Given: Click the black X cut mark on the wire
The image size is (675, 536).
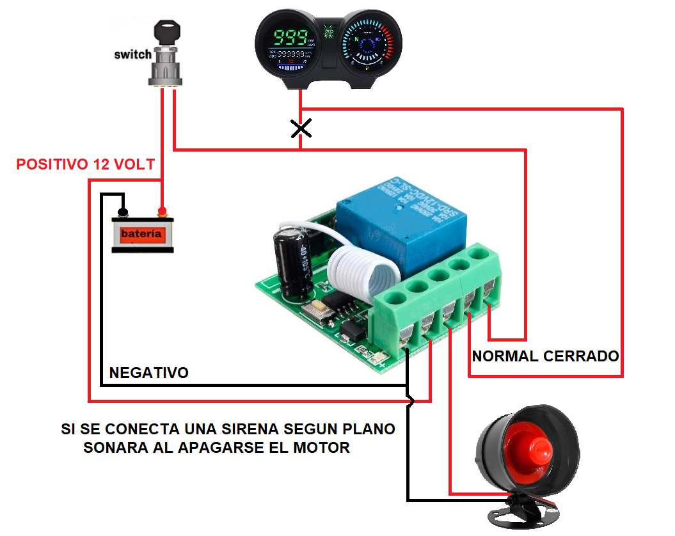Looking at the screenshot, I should tap(301, 129).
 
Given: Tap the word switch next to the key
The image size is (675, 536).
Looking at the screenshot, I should tap(132, 54).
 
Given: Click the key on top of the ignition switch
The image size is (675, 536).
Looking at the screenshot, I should tap(168, 30).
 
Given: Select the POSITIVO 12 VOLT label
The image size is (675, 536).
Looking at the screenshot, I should tap(85, 164).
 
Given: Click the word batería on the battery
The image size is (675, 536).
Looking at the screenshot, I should tap(141, 234).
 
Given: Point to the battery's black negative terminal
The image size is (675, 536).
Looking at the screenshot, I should tap(123, 211).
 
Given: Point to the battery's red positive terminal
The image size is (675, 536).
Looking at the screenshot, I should tap(163, 211).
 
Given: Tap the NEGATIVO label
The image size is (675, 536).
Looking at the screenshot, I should tap(149, 372).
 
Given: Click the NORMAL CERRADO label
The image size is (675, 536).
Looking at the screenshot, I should tap(545, 356).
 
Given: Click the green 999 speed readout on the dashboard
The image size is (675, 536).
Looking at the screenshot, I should tap(293, 36).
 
